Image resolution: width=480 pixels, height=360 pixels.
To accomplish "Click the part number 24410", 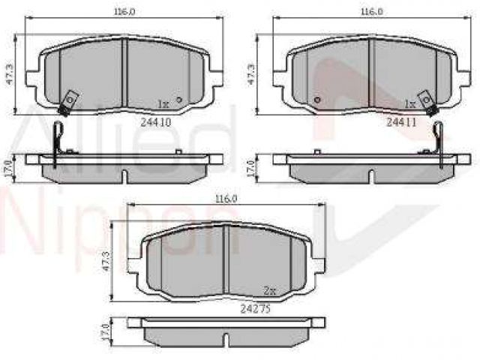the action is (155, 122).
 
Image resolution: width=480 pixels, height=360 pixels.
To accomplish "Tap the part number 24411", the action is (401, 122).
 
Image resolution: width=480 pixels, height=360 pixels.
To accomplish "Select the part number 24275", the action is (255, 309).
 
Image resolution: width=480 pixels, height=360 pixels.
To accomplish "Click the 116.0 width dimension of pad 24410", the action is (124, 12).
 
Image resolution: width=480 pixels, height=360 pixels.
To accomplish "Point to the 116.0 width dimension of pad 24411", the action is (372, 12).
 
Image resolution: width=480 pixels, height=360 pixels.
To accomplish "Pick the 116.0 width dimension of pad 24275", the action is (226, 199).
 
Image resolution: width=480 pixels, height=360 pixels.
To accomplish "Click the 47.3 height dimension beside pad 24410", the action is (10, 74).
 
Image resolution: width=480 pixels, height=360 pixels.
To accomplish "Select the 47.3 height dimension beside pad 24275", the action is (106, 261).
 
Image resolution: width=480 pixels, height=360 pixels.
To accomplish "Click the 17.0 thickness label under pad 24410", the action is (9, 169).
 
